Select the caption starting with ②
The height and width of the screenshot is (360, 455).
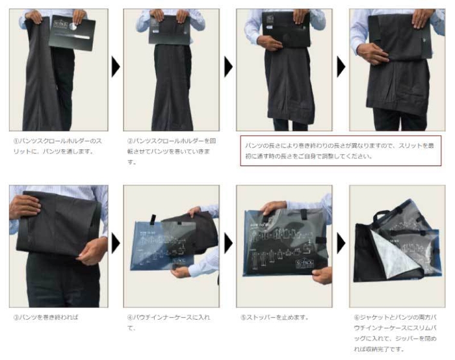tap(168, 151)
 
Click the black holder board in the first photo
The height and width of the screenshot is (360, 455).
tap(72, 32)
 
